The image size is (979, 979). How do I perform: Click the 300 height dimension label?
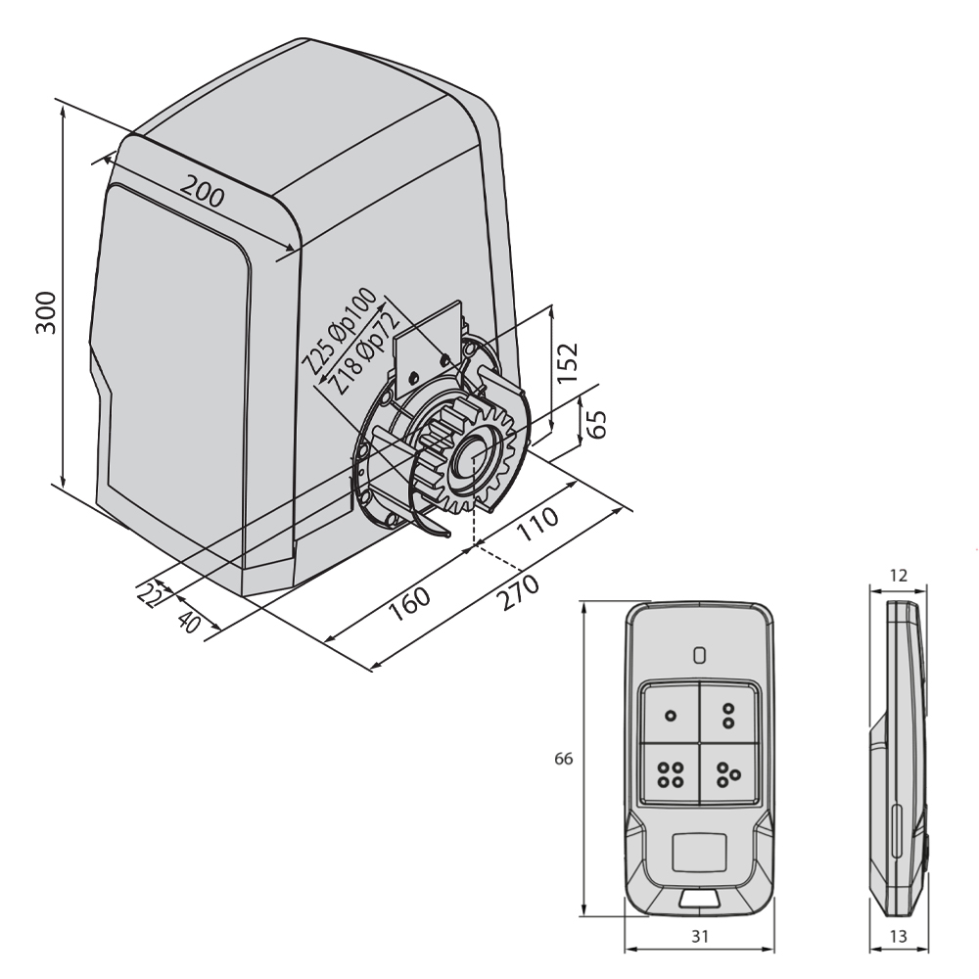pyautogui.click(x=46, y=313)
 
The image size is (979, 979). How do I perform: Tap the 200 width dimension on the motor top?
pyautogui.click(x=203, y=191)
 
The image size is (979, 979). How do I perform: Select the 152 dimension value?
pyautogui.click(x=568, y=363)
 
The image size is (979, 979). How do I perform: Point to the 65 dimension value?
pyautogui.click(x=596, y=425)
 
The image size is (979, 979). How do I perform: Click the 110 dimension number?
pyautogui.click(x=537, y=523)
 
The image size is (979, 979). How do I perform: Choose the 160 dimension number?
pyautogui.click(x=409, y=604)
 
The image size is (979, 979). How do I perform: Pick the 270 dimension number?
pyautogui.click(x=518, y=592)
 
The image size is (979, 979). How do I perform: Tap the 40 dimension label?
pyautogui.click(x=189, y=622)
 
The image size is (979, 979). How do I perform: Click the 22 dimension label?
pyautogui.click(x=149, y=595)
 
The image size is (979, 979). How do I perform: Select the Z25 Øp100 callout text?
pyautogui.click(x=339, y=330)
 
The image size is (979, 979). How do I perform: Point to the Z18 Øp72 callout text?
pyautogui.click(x=364, y=352)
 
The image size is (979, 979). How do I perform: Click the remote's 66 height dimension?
pyautogui.click(x=563, y=759)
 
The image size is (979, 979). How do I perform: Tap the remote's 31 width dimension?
pyautogui.click(x=700, y=936)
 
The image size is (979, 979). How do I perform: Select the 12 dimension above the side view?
pyautogui.click(x=898, y=575)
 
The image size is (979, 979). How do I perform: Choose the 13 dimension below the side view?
pyautogui.click(x=898, y=936)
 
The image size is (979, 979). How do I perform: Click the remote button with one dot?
pyautogui.click(x=671, y=715)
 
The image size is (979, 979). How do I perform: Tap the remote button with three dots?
pyautogui.click(x=728, y=774)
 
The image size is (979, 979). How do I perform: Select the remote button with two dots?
pyautogui.click(x=728, y=715)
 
